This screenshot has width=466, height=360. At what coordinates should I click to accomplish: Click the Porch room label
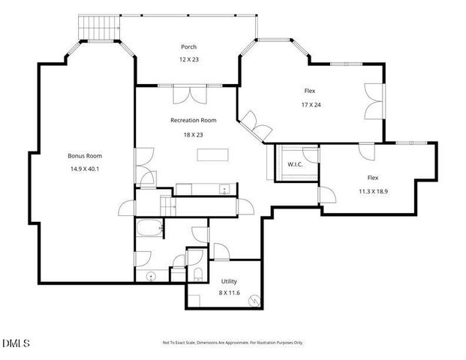pyautogui.click(x=188, y=46)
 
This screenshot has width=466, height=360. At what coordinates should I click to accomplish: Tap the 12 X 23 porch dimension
pyautogui.click(x=188, y=59)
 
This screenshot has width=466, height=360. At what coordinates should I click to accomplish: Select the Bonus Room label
pyautogui.click(x=84, y=156)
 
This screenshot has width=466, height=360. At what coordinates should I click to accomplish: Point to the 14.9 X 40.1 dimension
pyautogui.click(x=84, y=169)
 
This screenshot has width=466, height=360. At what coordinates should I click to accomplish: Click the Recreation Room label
pyautogui.click(x=193, y=120)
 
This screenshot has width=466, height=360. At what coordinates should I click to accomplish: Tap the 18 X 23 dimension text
pyautogui.click(x=193, y=135)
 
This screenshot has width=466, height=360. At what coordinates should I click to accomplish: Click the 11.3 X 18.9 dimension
pyautogui.click(x=373, y=190)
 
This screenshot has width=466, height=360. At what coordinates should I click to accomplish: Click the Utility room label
pyautogui.click(x=228, y=281)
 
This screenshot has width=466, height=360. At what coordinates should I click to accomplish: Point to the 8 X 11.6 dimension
pyautogui.click(x=228, y=293)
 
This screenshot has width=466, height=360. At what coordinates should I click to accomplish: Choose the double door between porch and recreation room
pyautogui.click(x=188, y=95)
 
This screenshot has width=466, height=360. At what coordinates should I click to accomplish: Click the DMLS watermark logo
pyautogui.click(x=16, y=344)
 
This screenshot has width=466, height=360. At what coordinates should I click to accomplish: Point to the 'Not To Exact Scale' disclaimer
pyautogui.click(x=233, y=343)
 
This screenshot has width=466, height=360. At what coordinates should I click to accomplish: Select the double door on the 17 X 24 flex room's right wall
pyautogui.click(x=374, y=102)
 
